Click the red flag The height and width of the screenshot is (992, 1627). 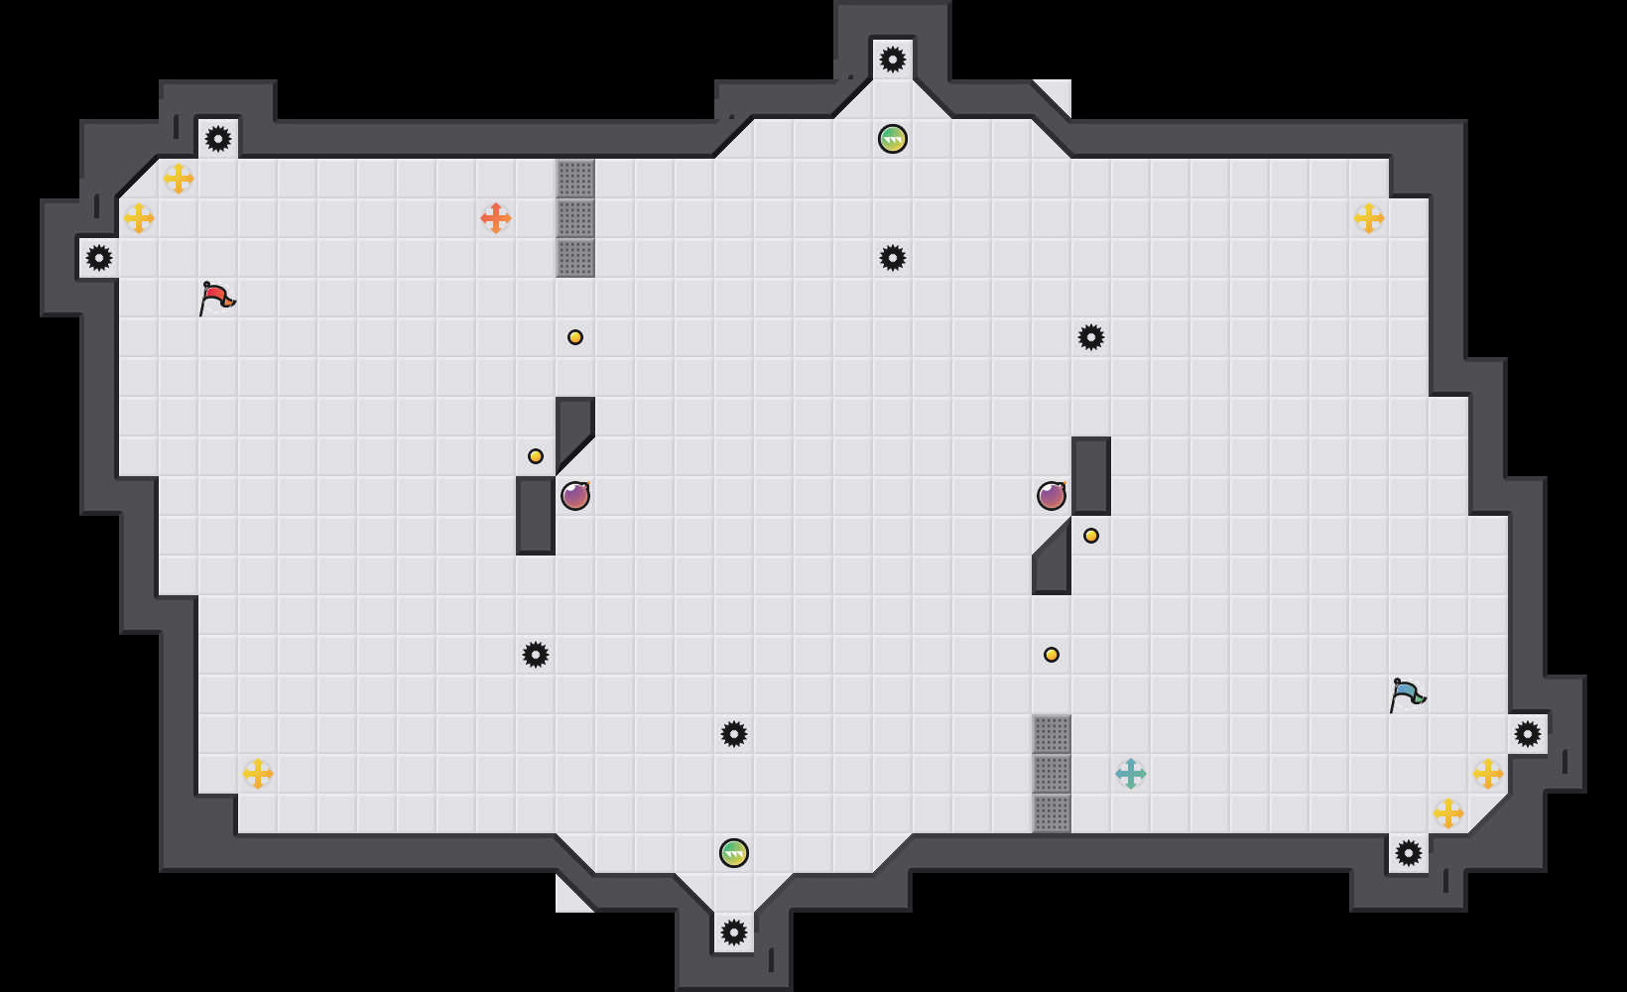[216, 297]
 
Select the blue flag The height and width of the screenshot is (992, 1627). [1407, 693]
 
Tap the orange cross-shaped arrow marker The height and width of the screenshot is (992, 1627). [496, 218]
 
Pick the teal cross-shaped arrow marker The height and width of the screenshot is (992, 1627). [1131, 774]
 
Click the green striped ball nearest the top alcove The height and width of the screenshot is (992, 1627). [893, 139]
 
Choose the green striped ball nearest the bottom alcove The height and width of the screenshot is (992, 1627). [734, 853]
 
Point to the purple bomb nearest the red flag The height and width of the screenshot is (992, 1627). [575, 495]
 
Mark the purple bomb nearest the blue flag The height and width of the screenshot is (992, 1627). [1052, 495]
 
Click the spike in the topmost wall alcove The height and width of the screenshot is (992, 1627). [893, 60]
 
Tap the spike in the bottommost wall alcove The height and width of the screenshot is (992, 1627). [734, 932]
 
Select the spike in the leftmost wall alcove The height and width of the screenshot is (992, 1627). [99, 258]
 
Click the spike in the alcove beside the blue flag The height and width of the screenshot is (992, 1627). [1528, 734]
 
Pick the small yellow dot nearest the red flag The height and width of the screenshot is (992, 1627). [575, 337]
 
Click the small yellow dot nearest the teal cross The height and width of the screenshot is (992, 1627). [1052, 655]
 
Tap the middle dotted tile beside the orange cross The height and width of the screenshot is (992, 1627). [575, 218]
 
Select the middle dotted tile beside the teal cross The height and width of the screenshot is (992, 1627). [1052, 774]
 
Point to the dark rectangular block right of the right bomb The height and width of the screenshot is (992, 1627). [1091, 476]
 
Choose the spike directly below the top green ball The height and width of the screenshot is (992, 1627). [893, 258]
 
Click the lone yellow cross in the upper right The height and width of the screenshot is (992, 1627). [1369, 218]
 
